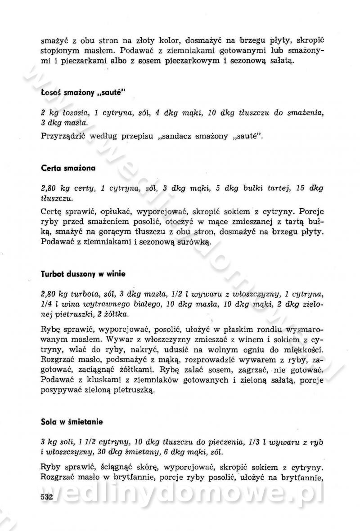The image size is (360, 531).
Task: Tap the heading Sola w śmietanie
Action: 72,422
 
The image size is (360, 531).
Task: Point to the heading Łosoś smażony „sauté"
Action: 83,93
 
